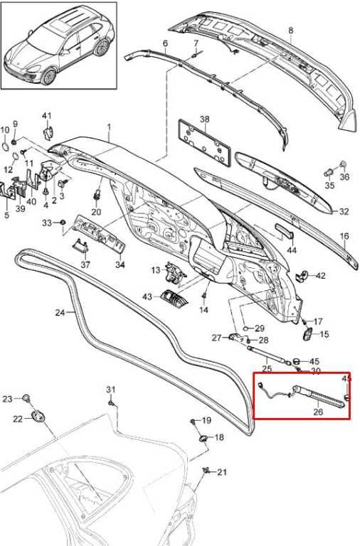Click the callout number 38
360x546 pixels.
[205, 119]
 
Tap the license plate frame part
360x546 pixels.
[205, 144]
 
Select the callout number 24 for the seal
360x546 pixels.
[60, 313]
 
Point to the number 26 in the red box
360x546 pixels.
[318, 412]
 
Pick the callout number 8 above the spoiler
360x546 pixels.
[291, 31]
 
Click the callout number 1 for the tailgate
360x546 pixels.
[109, 127]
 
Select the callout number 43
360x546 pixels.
[147, 296]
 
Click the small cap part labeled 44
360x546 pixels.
[285, 230]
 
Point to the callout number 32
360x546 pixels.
[343, 211]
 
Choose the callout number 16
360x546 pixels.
[344, 236]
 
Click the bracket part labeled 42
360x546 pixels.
[302, 275]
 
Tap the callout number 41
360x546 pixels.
[47, 116]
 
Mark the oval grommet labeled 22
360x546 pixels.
[38, 416]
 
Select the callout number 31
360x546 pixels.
[110, 390]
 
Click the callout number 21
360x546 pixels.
[222, 472]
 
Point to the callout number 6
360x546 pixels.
[165, 43]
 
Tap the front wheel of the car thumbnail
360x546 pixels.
[48, 77]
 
